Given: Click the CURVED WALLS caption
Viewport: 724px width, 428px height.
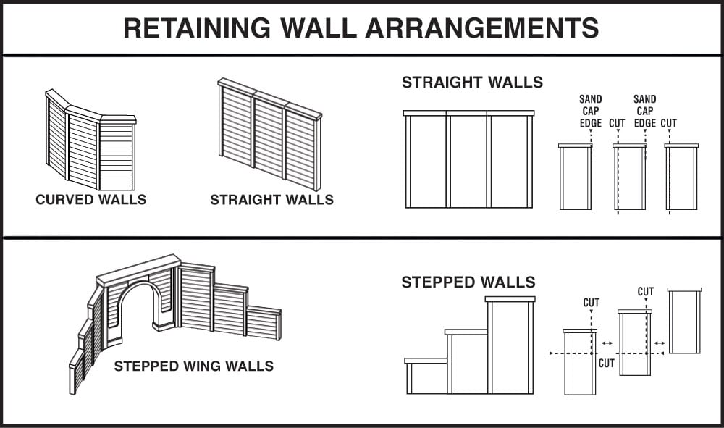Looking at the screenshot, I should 90,199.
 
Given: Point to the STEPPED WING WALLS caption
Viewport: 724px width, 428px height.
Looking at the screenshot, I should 193,366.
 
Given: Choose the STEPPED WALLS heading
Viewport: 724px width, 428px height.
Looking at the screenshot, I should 468,282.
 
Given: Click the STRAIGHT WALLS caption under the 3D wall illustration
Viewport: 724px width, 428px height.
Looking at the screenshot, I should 271,199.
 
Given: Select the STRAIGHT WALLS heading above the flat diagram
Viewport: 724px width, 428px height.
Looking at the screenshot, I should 472,82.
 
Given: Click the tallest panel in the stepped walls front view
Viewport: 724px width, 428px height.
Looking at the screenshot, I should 510,346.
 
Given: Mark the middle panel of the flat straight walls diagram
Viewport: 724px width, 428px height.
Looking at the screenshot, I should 468,161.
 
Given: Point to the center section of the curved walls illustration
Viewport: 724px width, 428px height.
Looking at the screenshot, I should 83,148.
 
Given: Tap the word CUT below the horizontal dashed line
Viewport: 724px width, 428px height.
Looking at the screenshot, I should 606,364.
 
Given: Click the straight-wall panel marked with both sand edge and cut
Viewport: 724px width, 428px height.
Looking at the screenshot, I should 629,177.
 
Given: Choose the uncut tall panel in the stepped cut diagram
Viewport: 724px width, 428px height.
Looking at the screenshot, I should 684,321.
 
